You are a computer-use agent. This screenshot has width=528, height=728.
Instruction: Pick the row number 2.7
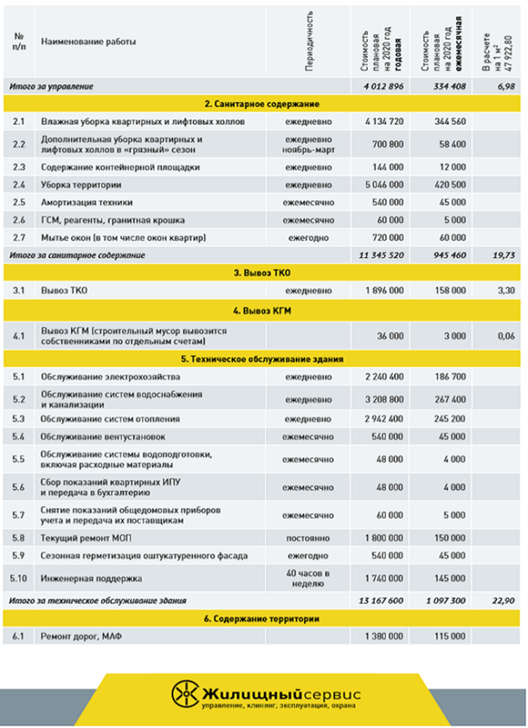pyautogui.click(x=18, y=237)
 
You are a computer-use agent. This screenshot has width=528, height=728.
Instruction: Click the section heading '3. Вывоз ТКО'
pyautogui.click(x=263, y=272)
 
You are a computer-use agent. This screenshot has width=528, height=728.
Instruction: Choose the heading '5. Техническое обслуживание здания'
pyautogui.click(x=263, y=358)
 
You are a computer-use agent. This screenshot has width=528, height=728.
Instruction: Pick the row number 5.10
pyautogui.click(x=19, y=577)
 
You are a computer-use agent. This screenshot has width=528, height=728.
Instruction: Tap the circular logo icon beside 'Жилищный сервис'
pyautogui.click(x=184, y=693)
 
